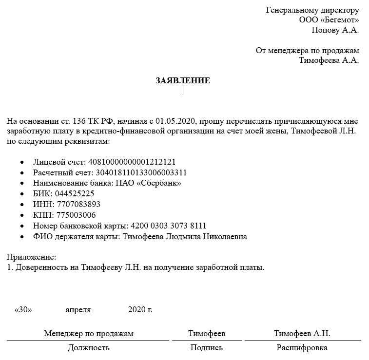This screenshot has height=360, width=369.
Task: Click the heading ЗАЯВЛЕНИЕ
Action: point(183,80)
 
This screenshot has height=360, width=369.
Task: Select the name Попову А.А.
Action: point(335,30)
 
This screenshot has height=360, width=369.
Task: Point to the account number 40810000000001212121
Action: point(131,162)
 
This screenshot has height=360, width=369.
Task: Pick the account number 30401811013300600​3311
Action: point(141,172)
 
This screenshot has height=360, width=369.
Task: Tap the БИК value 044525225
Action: point(75,194)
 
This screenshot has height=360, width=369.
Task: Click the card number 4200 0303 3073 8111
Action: point(169,226)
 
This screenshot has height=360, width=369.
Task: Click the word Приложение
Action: point(32,257)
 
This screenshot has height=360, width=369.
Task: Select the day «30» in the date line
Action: point(23,309)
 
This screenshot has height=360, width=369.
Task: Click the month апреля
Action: point(78,309)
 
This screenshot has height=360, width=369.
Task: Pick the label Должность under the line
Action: point(88,347)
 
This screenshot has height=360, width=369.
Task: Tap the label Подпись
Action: point(207,347)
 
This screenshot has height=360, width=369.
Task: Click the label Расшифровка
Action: point(302,347)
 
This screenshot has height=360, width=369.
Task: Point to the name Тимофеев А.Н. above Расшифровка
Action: point(302,333)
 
